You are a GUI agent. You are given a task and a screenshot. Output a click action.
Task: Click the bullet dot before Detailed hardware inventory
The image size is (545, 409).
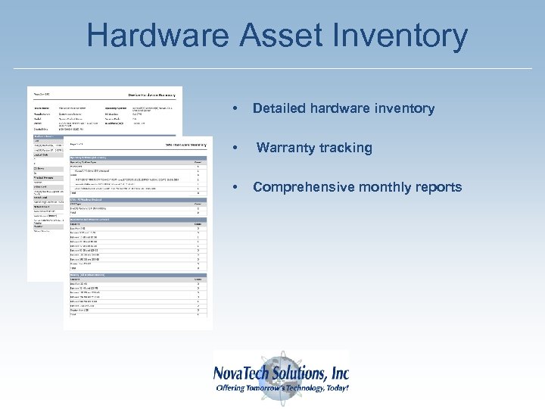pyautogui.click(x=237, y=109)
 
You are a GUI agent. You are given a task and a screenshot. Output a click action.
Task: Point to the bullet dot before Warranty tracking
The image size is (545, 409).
pyautogui.click(x=237, y=148)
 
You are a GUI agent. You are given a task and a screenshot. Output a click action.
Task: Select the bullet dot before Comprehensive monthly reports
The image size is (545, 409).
pyautogui.click(x=237, y=188)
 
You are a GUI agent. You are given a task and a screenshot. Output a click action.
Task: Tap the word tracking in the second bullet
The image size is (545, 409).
pyautogui.click(x=344, y=148)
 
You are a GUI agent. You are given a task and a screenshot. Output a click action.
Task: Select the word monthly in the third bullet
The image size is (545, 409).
pyautogui.click(x=378, y=187)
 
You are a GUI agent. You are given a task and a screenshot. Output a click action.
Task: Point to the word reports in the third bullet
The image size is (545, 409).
pyautogui.click(x=435, y=187)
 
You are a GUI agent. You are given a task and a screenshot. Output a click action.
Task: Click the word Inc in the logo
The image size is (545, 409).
pyautogui.click(x=339, y=373)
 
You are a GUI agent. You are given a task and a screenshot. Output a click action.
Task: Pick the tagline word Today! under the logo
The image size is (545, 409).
pyautogui.click(x=332, y=388)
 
